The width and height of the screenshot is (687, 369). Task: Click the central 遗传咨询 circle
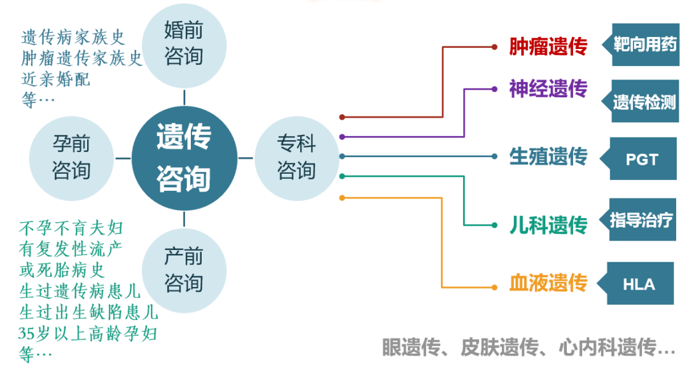184,158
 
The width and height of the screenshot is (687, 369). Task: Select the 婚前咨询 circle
184,46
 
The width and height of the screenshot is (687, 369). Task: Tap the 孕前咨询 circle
71,158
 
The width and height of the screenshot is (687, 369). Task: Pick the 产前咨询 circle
184,270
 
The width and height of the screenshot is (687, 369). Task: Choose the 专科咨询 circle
296,158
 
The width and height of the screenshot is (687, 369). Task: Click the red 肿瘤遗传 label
548,46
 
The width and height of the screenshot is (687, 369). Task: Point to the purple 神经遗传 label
548,88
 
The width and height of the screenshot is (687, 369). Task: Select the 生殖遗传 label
548,157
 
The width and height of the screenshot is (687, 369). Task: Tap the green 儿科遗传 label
548,225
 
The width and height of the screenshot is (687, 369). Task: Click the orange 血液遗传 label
548,282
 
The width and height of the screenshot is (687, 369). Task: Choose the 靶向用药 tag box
641,45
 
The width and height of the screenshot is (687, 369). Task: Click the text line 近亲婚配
55,80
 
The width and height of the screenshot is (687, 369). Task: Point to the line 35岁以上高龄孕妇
88,333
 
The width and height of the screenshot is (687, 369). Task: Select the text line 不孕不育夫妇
71,228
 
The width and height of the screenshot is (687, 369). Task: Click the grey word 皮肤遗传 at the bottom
499,347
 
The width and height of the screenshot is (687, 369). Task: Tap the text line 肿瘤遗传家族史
82,58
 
